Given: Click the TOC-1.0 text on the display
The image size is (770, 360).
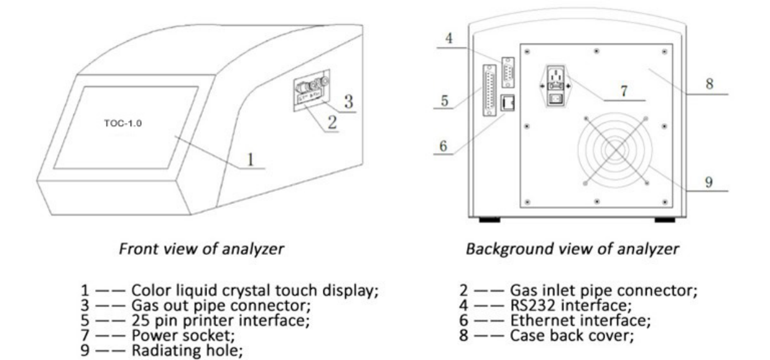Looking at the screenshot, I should coord(124,123).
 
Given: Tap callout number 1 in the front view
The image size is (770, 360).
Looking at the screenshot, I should coord(249,159).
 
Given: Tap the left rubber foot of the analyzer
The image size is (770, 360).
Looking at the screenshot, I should coord(489,220).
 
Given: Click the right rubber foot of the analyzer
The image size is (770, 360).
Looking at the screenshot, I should coord(665,220).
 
